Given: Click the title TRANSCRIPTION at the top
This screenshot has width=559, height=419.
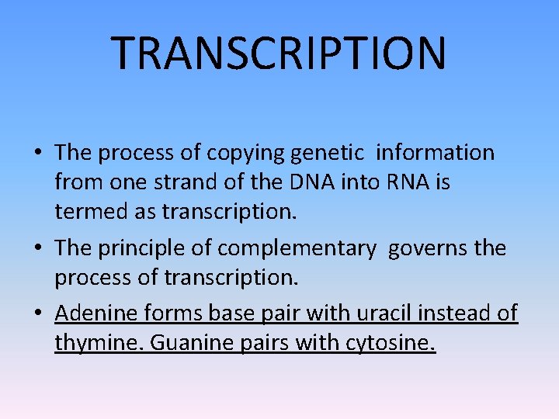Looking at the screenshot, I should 279,53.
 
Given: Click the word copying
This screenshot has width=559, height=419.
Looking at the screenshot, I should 246,154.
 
